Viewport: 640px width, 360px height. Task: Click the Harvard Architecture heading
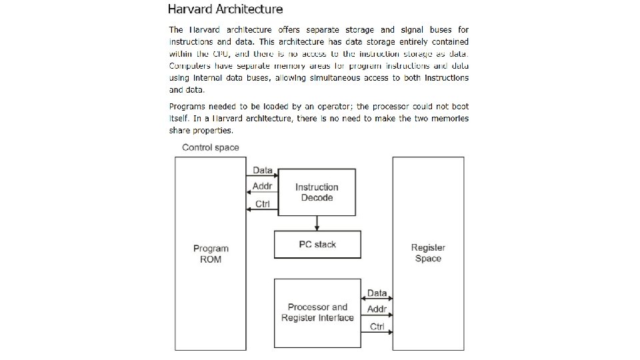point(225,9)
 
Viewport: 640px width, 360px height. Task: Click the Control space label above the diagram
point(211,147)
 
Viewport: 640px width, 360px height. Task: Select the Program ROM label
point(211,254)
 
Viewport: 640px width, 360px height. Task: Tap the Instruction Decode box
point(317,192)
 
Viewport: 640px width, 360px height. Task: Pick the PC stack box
point(317,245)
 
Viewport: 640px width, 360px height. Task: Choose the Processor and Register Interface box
point(317,313)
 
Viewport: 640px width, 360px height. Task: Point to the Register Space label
point(428,253)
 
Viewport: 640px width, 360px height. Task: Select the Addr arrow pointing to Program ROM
point(262,193)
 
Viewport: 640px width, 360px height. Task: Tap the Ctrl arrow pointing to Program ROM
point(262,209)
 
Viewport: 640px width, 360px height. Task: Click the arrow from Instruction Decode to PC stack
point(317,223)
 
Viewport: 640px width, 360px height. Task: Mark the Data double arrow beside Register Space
point(377,299)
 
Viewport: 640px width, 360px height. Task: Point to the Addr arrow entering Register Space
point(377,315)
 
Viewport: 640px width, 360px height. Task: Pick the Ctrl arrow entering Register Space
point(377,332)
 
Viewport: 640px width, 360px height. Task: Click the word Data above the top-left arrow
point(263,171)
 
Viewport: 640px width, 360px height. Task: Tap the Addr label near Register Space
point(377,310)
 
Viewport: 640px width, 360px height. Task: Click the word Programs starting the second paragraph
point(187,107)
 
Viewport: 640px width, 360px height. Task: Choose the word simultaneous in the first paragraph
point(323,78)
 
